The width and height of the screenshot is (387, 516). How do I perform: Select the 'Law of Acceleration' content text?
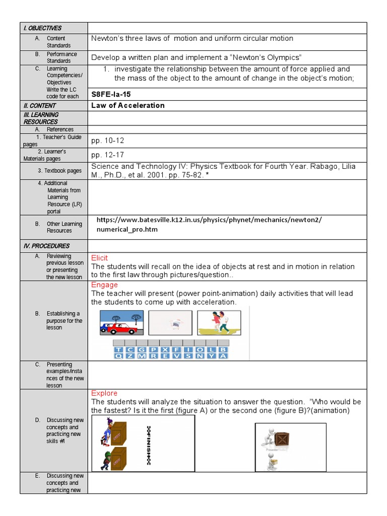tap(128, 105)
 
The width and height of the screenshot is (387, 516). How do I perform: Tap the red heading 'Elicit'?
tap(99, 258)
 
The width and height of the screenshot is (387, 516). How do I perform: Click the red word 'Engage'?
tap(104, 285)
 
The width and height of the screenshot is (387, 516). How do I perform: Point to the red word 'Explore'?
tap(104, 393)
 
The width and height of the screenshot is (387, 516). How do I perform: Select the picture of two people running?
tap(218, 323)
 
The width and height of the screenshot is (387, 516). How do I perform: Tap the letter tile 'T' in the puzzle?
tap(118, 349)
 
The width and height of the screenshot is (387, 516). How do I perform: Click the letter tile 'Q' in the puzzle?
tap(118, 356)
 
